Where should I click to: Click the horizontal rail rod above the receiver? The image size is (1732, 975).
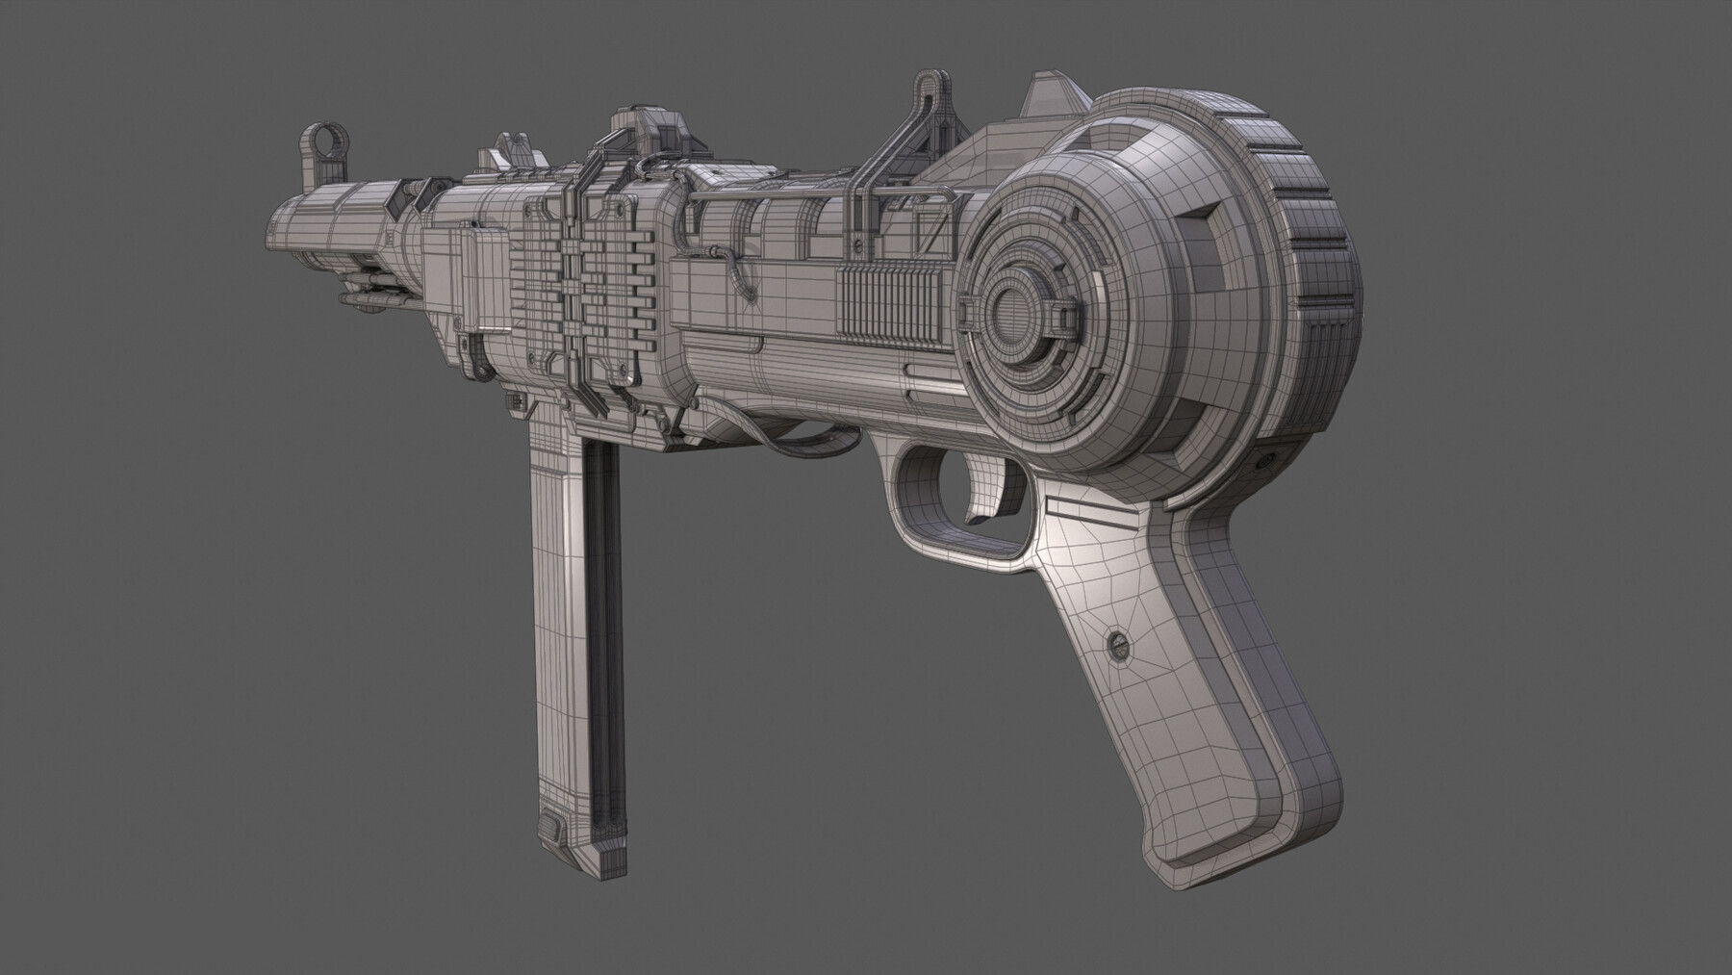[779, 199]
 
